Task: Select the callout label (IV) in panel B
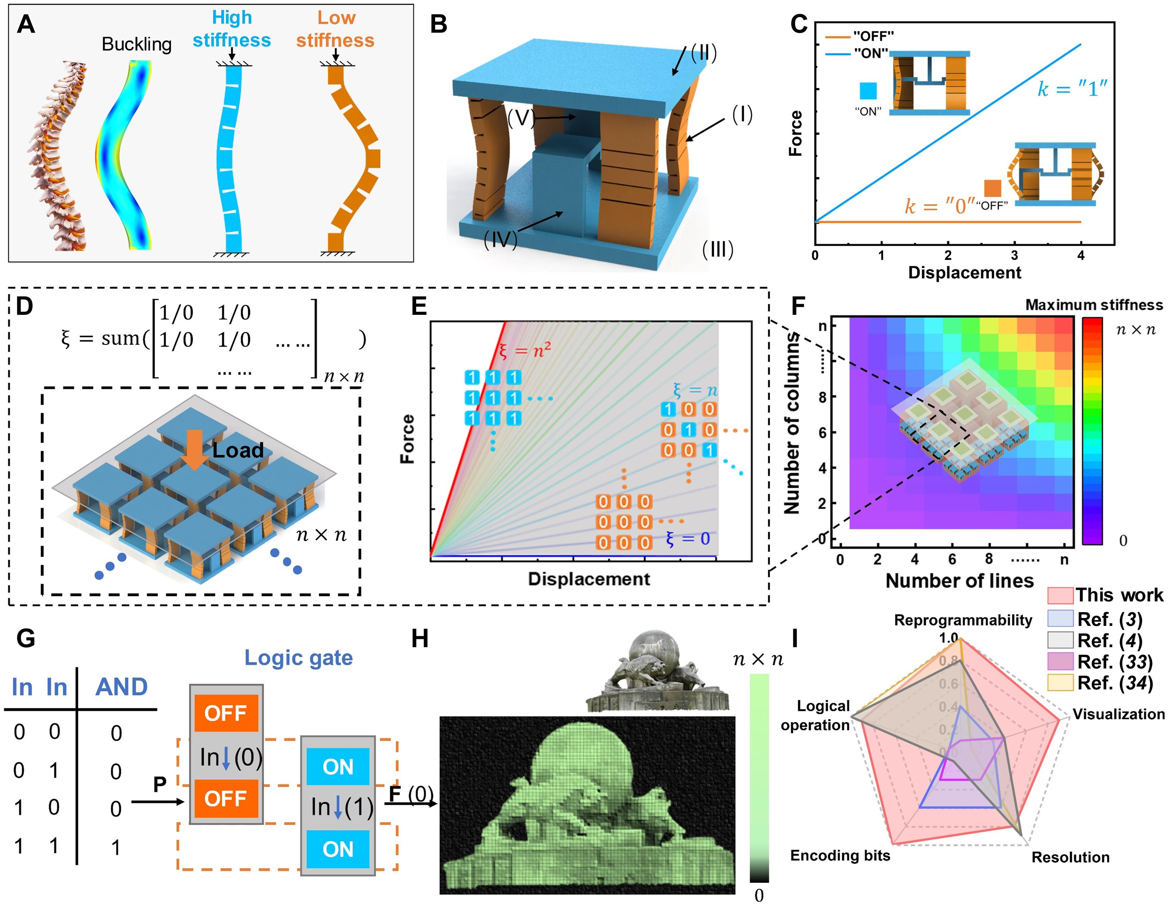pyautogui.click(x=500, y=240)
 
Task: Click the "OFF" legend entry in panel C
pyautogui.click(x=873, y=36)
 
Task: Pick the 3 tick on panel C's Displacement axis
pyautogui.click(x=1014, y=255)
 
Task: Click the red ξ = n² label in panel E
pyautogui.click(x=524, y=351)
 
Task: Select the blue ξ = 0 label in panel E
pyautogui.click(x=688, y=538)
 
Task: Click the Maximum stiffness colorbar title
pyautogui.click(x=1093, y=305)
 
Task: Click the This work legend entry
pyautogui.click(x=1119, y=595)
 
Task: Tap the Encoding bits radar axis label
pyautogui.click(x=840, y=855)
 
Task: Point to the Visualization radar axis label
pyautogui.click(x=1118, y=714)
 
